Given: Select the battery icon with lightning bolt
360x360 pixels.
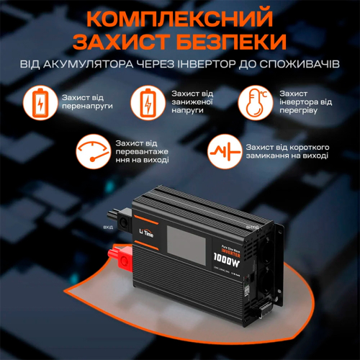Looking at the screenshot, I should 148,103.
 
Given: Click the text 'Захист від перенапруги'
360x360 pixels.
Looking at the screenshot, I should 81,103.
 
